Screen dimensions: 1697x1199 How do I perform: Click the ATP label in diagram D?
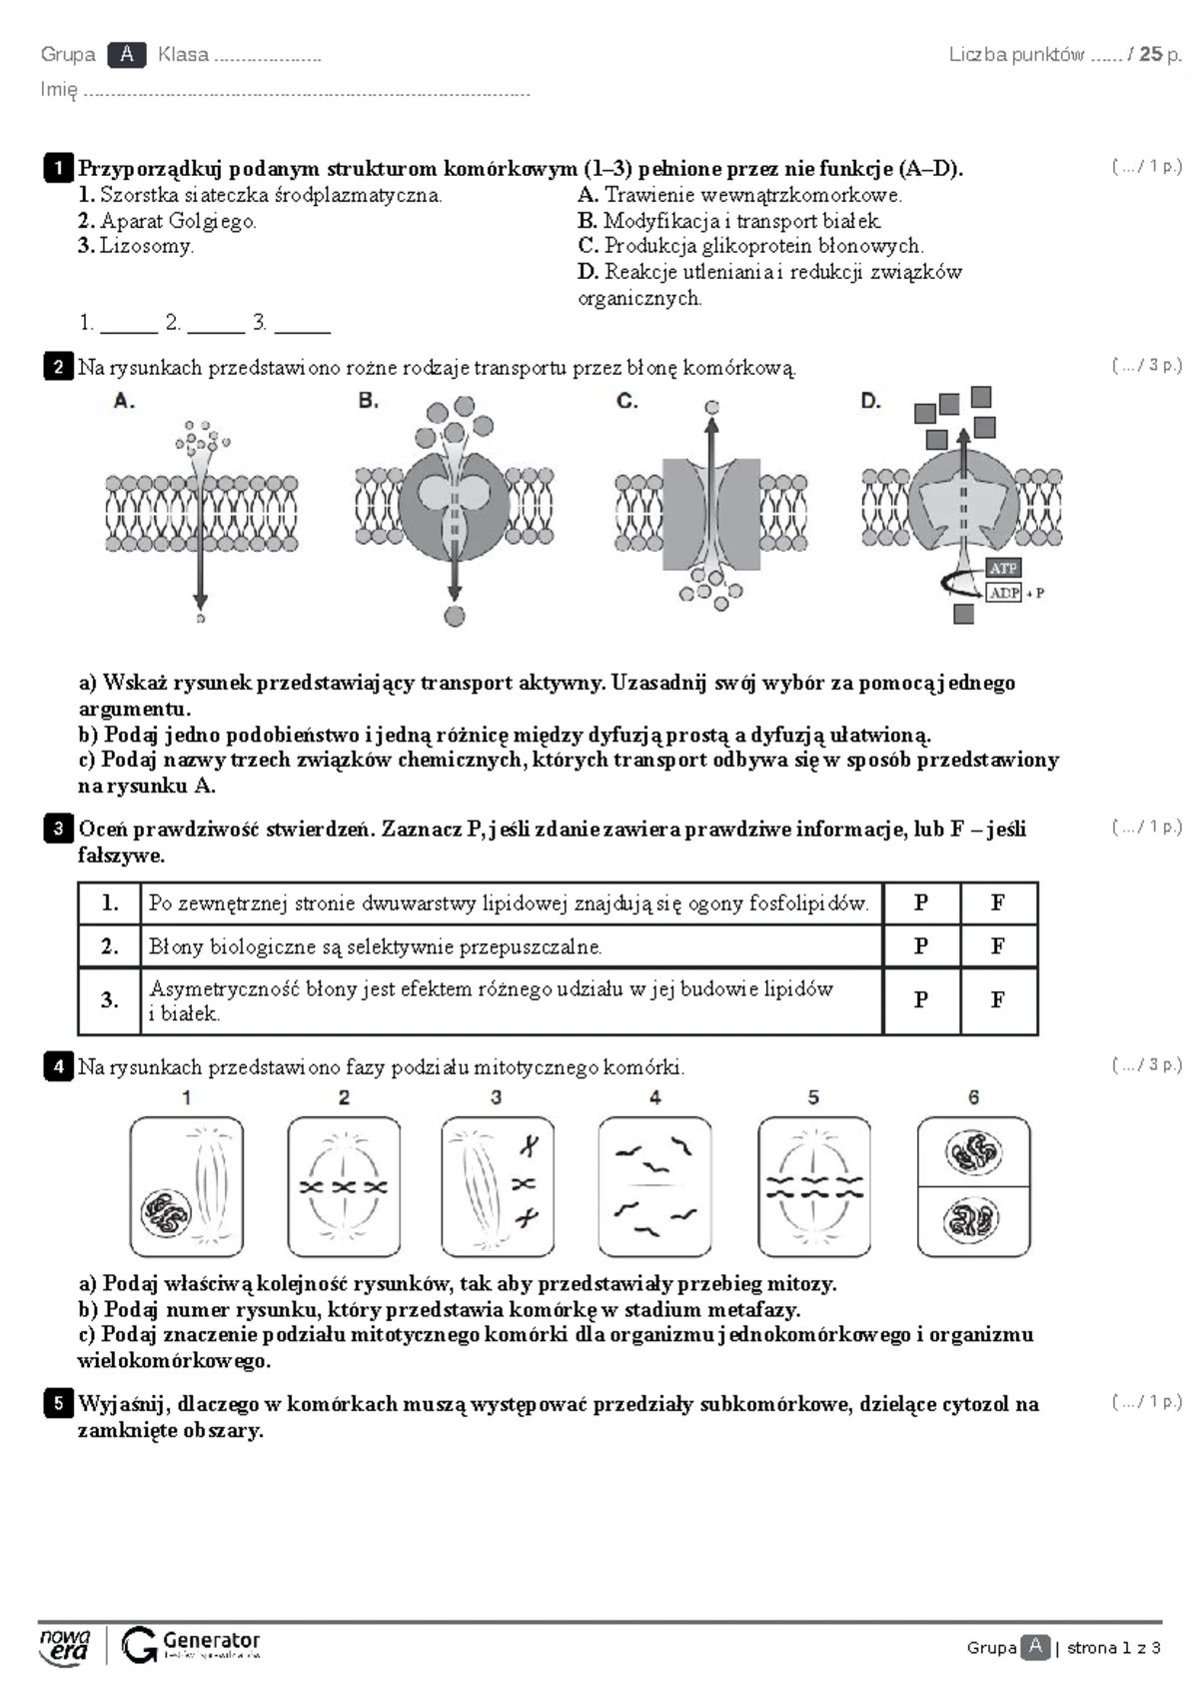1002,568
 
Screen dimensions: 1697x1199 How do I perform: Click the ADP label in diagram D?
1003,593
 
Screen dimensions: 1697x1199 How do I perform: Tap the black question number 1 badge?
58,168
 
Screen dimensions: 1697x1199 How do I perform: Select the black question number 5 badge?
58,1403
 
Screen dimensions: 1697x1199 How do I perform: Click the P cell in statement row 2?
921,945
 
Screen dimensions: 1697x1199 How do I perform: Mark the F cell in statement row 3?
997,999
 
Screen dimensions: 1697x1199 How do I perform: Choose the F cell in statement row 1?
997,902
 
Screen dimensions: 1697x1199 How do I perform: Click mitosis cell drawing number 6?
973,1186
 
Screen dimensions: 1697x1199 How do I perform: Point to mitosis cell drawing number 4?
654,1186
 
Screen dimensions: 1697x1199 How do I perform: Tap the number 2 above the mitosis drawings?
344,1097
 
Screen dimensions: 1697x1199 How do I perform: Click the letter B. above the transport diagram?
368,401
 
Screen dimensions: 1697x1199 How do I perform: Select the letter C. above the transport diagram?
626,401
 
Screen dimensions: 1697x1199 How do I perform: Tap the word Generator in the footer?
211,1640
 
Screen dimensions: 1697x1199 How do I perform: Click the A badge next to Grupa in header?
127,55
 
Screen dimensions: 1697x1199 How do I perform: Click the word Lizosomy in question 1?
145,246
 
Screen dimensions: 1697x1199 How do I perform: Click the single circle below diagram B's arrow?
455,616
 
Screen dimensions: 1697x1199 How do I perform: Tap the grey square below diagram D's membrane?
963,615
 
